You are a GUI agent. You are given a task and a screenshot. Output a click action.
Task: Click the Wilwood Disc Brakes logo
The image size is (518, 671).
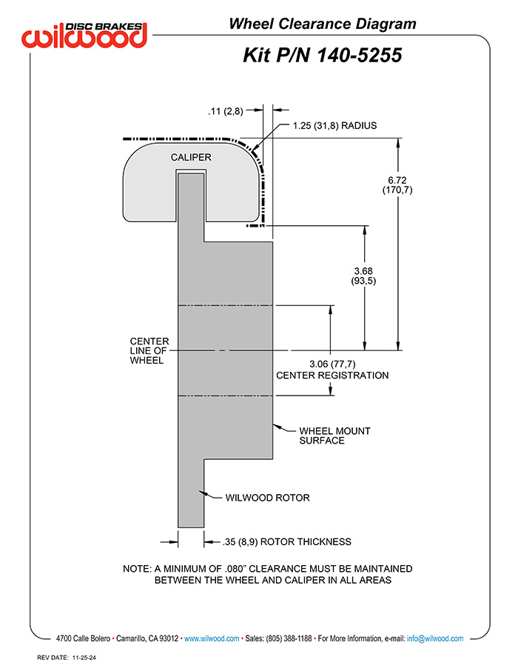(x=84, y=35)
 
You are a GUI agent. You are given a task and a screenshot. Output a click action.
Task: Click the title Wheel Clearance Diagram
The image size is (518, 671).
(x=323, y=24)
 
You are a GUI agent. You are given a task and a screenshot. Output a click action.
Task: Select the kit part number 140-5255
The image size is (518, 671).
(x=360, y=56)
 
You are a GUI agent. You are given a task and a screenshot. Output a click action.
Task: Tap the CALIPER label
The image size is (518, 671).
(x=191, y=158)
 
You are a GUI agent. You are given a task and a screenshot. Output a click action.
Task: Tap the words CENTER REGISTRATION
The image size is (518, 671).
(x=332, y=375)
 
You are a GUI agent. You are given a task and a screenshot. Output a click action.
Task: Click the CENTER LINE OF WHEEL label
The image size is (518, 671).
(x=149, y=350)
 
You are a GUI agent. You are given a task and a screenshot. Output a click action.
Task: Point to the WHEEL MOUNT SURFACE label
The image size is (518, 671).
(x=334, y=435)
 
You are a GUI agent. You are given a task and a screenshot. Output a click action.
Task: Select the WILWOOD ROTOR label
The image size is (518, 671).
(x=267, y=498)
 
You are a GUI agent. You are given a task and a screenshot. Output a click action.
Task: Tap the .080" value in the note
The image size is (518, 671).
(x=235, y=569)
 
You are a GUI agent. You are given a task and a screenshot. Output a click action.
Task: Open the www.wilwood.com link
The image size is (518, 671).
(x=212, y=638)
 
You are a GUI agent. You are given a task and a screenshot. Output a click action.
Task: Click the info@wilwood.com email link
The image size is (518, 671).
(x=435, y=638)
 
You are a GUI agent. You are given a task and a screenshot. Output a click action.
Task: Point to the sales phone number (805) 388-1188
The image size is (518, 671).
(x=289, y=638)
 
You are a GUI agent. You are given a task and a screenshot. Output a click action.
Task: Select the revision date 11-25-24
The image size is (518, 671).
(x=84, y=658)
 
